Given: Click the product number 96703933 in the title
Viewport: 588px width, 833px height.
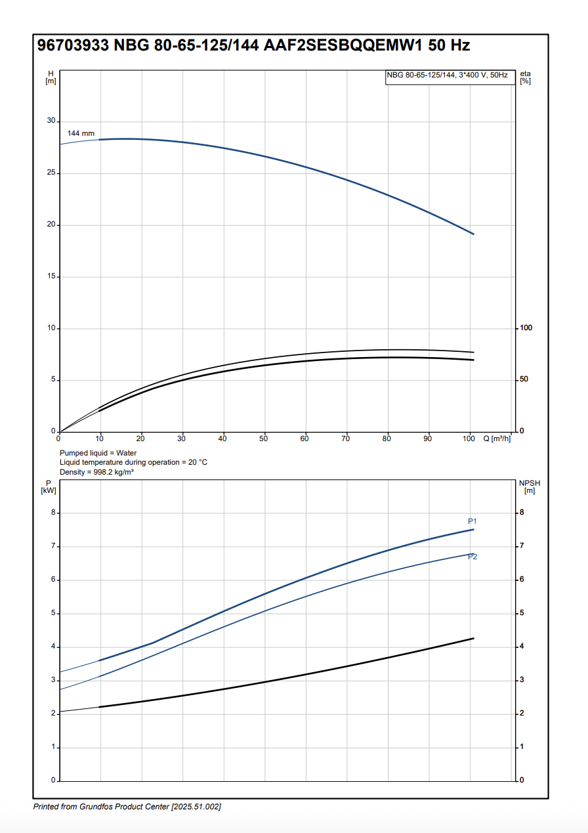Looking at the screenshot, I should click(73, 46).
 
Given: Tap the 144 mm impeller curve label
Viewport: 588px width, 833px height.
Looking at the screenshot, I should click(81, 133).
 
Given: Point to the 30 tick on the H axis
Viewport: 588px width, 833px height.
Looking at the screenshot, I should click(51, 121).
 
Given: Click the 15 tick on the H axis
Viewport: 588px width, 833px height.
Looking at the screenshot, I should click(51, 277).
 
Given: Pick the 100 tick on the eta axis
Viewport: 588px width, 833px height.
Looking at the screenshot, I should click(526, 328).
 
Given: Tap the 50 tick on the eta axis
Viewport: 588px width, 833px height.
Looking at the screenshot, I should click(524, 379).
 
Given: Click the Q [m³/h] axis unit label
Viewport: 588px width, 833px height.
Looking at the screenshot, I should click(497, 438).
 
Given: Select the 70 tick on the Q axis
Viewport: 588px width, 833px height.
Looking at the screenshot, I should click(346, 438).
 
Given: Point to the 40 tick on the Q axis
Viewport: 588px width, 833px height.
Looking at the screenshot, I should click(223, 438).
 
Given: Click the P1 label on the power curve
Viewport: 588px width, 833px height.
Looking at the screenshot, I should click(472, 521).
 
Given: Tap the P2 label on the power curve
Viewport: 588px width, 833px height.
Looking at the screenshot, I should click(472, 557).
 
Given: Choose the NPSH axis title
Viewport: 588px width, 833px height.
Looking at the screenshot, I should click(530, 486).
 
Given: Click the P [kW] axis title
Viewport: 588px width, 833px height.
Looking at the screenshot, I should click(49, 486).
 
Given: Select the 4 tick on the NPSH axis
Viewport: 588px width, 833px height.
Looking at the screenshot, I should click(522, 647).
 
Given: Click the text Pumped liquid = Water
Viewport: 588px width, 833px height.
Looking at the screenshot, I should click(98, 453).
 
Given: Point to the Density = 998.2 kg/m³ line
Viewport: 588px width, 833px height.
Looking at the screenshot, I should click(96, 471).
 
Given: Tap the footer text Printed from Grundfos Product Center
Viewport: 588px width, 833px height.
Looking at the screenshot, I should click(127, 806).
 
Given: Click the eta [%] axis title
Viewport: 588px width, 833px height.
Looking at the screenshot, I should click(525, 77).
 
